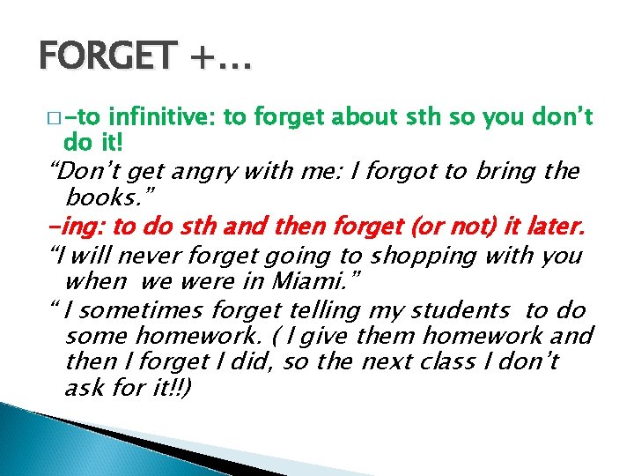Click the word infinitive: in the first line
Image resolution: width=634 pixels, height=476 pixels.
point(162,117)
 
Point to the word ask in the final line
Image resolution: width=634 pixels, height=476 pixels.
point(83,389)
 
